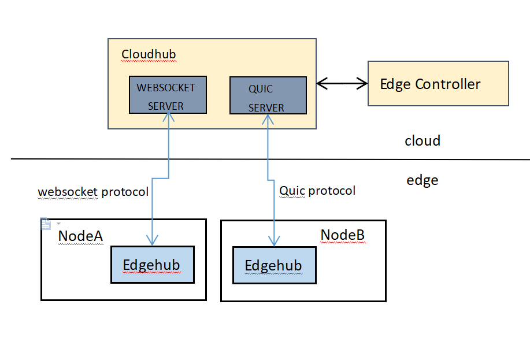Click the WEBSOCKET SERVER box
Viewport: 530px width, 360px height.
(x=168, y=95)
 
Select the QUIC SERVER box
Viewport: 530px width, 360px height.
(x=268, y=95)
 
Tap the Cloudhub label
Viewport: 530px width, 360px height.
(x=149, y=54)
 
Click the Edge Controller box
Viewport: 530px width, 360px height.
(x=438, y=83)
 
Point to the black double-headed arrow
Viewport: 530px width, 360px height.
(x=342, y=83)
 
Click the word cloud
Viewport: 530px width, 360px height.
(x=422, y=140)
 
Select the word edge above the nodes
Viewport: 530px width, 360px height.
(x=422, y=180)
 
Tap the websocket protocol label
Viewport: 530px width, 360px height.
(x=93, y=192)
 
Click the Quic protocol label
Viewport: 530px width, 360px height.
(x=317, y=191)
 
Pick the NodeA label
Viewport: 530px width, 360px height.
(x=80, y=236)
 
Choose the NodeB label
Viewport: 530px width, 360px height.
(x=343, y=235)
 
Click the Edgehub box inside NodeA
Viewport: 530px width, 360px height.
(x=153, y=265)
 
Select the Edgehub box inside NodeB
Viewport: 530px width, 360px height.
(x=275, y=265)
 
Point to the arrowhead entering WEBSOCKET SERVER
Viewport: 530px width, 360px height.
(x=168, y=117)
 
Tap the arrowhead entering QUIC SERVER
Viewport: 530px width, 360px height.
(x=268, y=119)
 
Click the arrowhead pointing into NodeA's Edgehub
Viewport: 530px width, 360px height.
(x=152, y=240)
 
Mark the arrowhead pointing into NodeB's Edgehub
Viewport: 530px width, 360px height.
(x=274, y=241)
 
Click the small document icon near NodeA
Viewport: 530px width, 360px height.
(x=46, y=224)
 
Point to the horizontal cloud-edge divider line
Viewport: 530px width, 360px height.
(x=270, y=159)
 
